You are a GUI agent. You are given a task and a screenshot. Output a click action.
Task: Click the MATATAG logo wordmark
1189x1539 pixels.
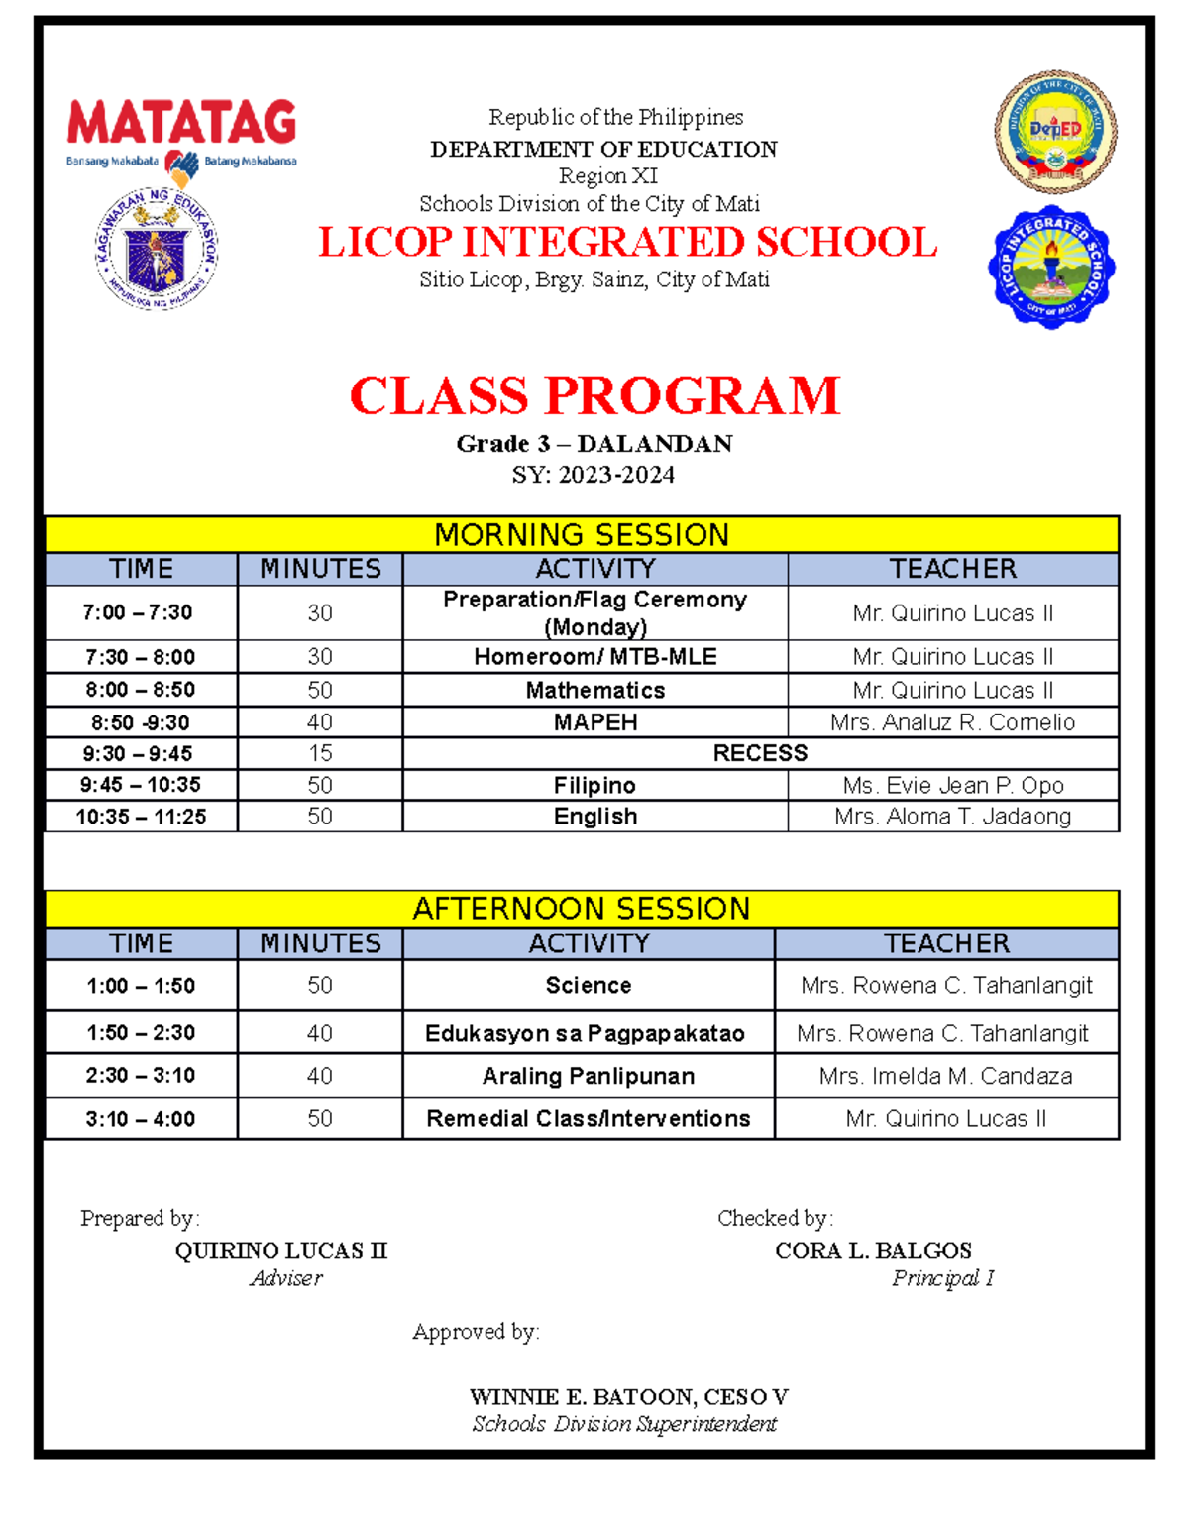[x=181, y=123]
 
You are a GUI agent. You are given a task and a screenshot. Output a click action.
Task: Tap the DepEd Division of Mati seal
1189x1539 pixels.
[x=1055, y=131]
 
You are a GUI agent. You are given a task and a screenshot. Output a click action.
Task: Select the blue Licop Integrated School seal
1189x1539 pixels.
[x=1051, y=268]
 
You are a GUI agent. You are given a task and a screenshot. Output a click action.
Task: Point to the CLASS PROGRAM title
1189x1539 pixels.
[x=594, y=395]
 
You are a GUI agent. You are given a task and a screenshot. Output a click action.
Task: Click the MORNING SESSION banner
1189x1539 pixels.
[x=582, y=535]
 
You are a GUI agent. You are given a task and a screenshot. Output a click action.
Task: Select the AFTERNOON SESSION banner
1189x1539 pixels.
[x=582, y=909]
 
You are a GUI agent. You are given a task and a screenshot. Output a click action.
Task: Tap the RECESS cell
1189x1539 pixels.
[x=760, y=753]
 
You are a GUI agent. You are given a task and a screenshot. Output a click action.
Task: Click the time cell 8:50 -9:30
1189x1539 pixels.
[x=141, y=722]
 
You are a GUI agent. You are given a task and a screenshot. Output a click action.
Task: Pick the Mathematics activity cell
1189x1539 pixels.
[x=594, y=690]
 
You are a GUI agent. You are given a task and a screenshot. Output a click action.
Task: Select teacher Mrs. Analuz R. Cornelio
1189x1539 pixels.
[x=952, y=722]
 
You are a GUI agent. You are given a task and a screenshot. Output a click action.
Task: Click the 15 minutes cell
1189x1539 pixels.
[x=319, y=753]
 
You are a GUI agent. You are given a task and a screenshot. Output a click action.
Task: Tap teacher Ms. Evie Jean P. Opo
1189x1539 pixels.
[x=952, y=785]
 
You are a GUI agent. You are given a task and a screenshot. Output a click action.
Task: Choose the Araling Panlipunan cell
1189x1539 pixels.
[x=588, y=1076]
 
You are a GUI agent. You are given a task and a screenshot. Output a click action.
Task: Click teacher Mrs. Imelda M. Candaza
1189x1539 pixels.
[x=945, y=1076]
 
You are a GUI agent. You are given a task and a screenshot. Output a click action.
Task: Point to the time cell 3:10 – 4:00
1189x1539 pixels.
[x=141, y=1119]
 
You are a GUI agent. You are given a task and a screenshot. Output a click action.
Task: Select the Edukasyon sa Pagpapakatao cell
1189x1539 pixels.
[x=585, y=1033]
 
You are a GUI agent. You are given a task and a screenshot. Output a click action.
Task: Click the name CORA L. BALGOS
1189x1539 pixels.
[x=873, y=1250]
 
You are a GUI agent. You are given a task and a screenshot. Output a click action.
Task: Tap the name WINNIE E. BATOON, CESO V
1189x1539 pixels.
[x=628, y=1397]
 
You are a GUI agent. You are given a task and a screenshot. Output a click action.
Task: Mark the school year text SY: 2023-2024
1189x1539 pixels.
[x=593, y=475]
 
